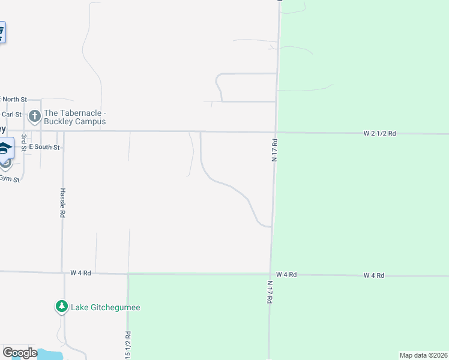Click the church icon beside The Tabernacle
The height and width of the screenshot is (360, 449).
coord(35,115)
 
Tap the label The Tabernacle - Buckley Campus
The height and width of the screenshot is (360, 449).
coord(75,117)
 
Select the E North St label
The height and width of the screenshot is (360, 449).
coord(14,99)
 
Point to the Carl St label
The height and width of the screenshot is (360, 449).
coord(11,114)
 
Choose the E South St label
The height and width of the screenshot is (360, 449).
coord(44,147)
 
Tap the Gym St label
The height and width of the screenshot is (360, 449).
coord(10,179)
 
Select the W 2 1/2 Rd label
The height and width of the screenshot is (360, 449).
coord(379,133)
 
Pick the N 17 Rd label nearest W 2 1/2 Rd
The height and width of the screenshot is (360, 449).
coord(274,149)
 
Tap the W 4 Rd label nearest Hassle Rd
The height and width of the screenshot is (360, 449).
coord(80,272)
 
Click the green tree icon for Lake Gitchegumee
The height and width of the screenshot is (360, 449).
coord(61,307)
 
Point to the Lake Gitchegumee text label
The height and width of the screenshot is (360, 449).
coord(105,308)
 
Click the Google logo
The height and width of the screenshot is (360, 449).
coord(20,353)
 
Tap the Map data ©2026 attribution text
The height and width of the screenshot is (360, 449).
coord(423,355)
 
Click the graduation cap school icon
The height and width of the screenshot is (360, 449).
coord(4,148)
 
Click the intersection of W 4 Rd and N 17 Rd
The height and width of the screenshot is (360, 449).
coord(270,274)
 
